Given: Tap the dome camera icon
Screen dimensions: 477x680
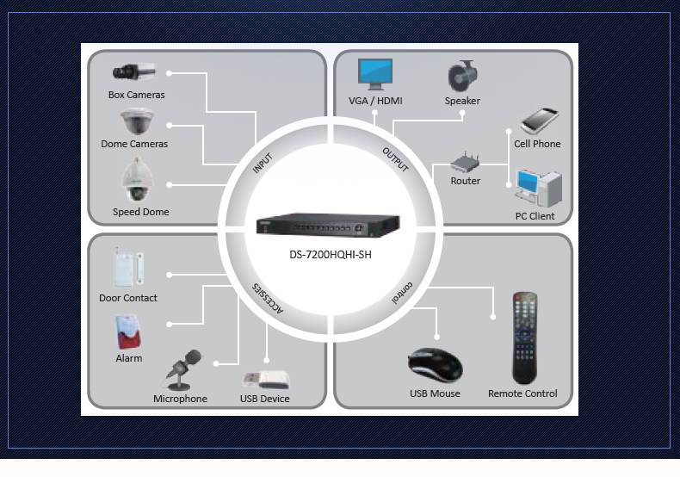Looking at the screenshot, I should click(x=137, y=122).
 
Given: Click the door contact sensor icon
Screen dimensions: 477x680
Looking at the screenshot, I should click(x=128, y=267).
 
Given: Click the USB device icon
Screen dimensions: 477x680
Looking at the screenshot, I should click(x=265, y=379).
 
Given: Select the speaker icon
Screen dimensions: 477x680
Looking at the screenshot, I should click(x=462, y=76).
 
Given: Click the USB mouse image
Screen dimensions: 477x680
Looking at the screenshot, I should click(x=435, y=365).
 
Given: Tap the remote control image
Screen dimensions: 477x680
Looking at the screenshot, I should click(x=525, y=338).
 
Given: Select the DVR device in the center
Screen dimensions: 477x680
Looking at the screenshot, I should click(x=330, y=226).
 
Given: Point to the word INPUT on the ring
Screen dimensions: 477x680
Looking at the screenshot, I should click(x=263, y=164).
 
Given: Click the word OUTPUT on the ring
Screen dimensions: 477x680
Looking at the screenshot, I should click(x=395, y=160).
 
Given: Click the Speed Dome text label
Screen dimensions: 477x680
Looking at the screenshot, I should click(x=140, y=212).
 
